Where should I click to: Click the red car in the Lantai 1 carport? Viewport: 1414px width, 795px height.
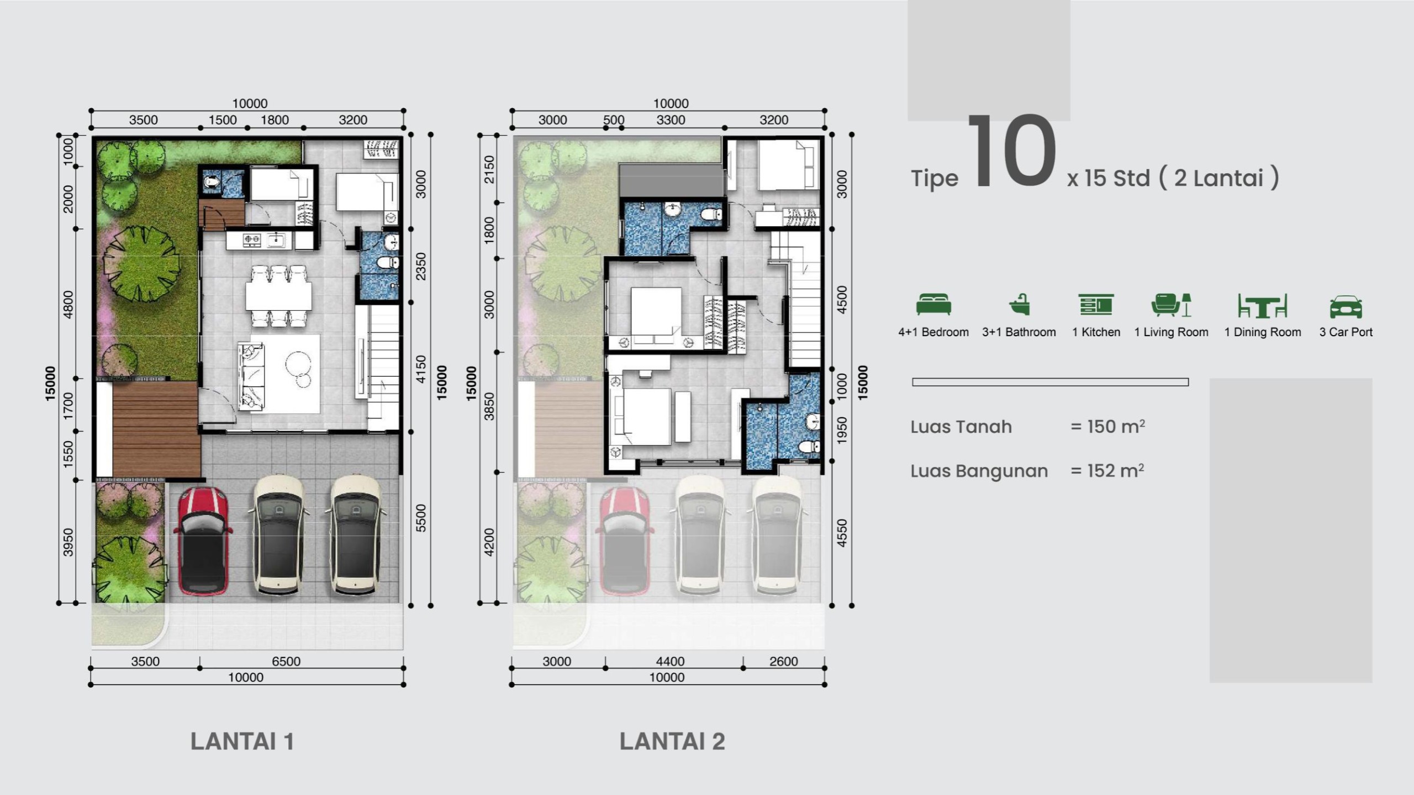point(202,541)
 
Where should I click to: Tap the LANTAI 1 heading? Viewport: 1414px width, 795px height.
point(242,741)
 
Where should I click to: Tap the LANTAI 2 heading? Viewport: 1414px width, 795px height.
point(672,741)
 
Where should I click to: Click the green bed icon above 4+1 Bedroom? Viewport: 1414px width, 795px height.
point(933,305)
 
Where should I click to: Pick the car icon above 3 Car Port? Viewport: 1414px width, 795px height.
point(1346,306)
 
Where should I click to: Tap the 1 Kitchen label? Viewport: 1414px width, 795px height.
point(1096,332)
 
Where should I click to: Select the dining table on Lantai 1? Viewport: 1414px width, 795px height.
point(279,296)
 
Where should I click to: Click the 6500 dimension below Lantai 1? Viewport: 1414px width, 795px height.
point(286,661)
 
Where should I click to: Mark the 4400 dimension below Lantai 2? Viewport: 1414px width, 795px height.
point(670,661)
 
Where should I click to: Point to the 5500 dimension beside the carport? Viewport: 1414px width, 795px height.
point(421,518)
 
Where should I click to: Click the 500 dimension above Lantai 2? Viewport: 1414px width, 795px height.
point(613,120)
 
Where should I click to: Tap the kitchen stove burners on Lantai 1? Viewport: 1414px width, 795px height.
point(252,240)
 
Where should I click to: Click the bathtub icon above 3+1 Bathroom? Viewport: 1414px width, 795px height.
point(1019,305)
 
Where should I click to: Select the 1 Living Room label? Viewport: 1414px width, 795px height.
point(1171,332)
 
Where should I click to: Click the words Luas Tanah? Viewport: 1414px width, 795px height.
point(961,427)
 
